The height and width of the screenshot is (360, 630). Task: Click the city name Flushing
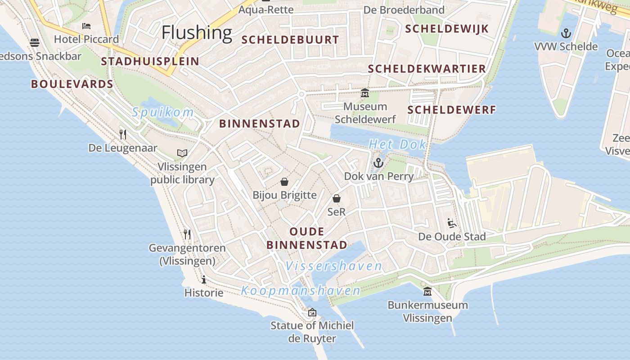197,32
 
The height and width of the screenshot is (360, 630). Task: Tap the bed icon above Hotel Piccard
86,26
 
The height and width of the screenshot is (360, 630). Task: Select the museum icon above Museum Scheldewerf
364,93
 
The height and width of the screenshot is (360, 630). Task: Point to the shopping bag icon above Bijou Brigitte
284,182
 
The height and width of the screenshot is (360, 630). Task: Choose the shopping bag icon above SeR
337,198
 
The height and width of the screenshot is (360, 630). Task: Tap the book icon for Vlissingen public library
182,153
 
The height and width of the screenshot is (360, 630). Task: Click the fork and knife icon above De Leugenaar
122,134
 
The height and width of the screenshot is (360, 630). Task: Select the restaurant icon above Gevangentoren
187,234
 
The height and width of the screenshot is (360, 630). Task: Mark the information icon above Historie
204,279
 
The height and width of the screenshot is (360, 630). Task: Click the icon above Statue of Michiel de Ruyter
312,312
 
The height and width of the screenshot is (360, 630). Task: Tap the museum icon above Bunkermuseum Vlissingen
427,292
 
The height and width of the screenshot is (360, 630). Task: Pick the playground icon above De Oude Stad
452,223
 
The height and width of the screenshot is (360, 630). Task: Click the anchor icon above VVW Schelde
566,33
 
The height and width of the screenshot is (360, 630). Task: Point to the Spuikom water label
163,112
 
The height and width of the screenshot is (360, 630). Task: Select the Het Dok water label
397,144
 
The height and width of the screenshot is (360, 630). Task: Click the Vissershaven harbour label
334,266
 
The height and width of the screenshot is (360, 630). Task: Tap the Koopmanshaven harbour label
301,291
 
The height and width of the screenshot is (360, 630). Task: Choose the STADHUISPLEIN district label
150,62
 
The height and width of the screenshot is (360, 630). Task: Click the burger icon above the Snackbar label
35,43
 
